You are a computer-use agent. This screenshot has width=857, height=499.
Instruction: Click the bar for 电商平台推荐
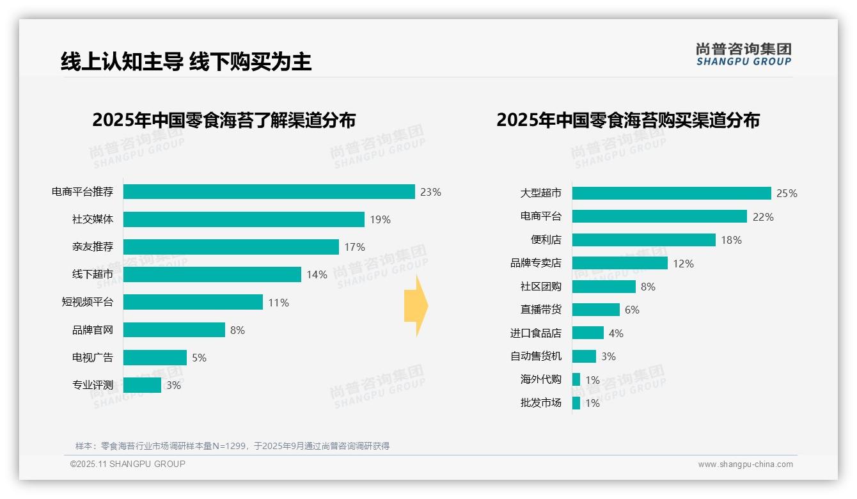point(269,192)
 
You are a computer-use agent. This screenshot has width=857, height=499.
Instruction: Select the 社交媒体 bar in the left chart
point(244,219)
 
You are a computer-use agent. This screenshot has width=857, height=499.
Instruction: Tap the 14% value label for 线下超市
point(317,274)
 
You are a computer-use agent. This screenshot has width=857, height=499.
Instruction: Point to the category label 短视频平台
point(87,302)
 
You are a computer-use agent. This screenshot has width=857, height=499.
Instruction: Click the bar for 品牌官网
point(174,329)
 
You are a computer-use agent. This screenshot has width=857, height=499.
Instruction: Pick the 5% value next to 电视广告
point(199,358)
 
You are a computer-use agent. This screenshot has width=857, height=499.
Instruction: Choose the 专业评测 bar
point(142,385)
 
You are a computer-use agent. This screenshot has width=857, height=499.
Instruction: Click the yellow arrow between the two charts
point(416,306)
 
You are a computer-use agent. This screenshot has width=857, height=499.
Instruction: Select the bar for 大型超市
point(672,193)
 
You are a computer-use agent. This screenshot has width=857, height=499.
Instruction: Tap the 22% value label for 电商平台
point(763,217)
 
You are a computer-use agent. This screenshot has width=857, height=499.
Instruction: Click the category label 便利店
point(546,240)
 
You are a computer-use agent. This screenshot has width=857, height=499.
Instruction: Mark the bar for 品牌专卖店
point(620,263)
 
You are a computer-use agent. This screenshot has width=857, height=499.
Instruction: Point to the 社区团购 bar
point(604,287)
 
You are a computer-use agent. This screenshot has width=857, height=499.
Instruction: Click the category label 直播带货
point(540,310)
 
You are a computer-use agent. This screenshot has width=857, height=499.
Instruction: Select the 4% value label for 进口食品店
point(616,333)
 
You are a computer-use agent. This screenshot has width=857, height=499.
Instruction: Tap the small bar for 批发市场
point(576,403)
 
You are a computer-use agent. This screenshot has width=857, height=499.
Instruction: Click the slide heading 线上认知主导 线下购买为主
point(186,61)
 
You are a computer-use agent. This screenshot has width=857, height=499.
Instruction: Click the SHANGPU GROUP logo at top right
point(743,54)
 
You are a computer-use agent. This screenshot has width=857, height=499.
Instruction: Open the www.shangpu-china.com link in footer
point(745,464)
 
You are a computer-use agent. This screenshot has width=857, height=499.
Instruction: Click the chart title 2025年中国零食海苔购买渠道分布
point(627,120)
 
